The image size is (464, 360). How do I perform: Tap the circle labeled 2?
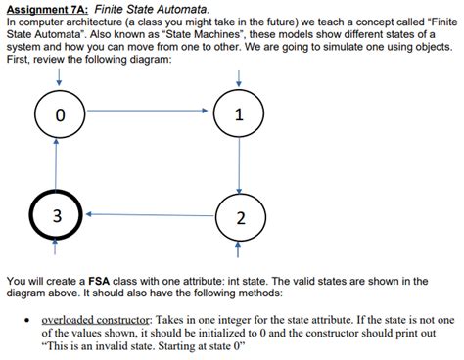pyautogui.click(x=239, y=215)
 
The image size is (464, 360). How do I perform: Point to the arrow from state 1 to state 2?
pyautogui.click(x=239, y=166)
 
